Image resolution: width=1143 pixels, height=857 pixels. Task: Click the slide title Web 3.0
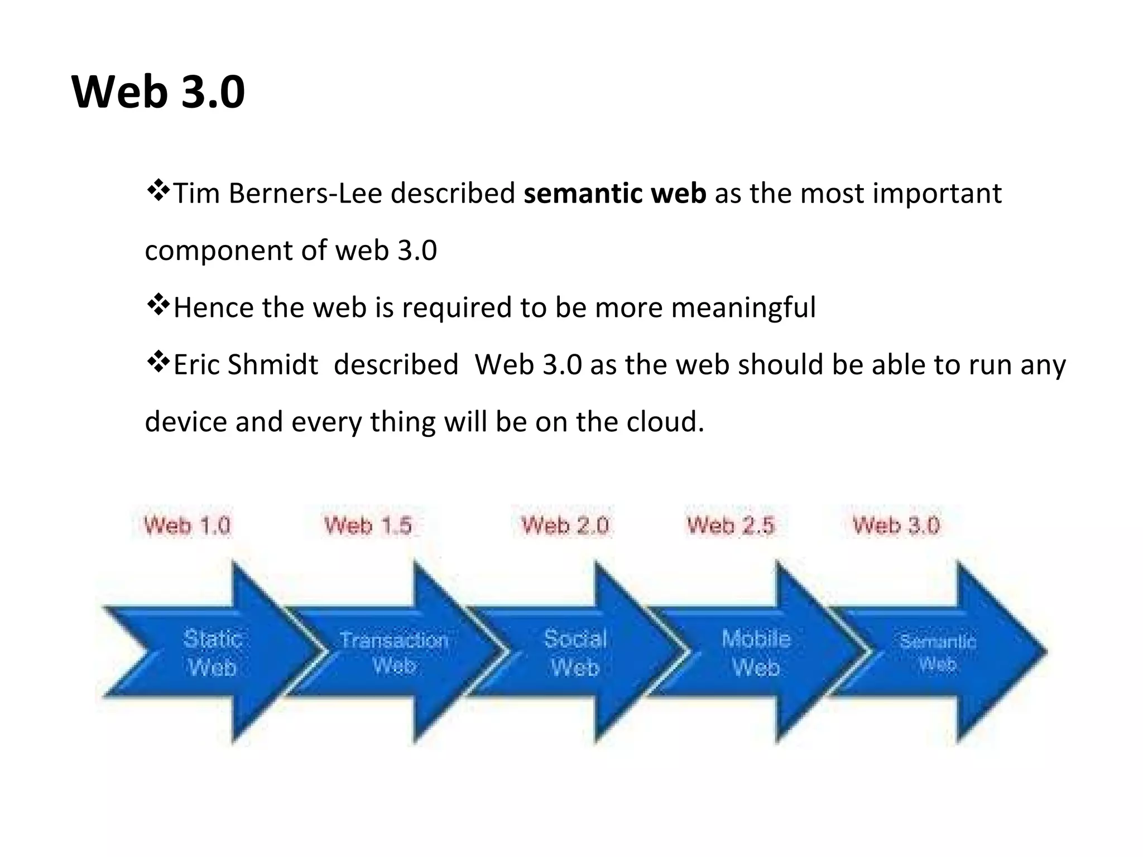point(159,92)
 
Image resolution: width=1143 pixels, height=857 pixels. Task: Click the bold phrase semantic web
point(614,194)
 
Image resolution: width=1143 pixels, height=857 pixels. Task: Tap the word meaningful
point(743,307)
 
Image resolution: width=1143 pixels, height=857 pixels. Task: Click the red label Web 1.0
point(187,526)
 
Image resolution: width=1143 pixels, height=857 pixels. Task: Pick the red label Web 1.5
point(368,526)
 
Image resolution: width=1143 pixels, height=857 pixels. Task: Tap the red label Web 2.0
point(565,526)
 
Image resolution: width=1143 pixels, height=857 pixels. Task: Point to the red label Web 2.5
point(731,526)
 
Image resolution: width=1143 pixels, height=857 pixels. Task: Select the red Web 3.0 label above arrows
point(896,526)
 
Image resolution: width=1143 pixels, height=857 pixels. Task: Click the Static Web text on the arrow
point(213,653)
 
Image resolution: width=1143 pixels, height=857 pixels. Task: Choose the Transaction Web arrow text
point(394,652)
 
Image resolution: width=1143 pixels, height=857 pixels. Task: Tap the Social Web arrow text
point(575,653)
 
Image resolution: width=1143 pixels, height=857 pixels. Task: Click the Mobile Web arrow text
point(756,653)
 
